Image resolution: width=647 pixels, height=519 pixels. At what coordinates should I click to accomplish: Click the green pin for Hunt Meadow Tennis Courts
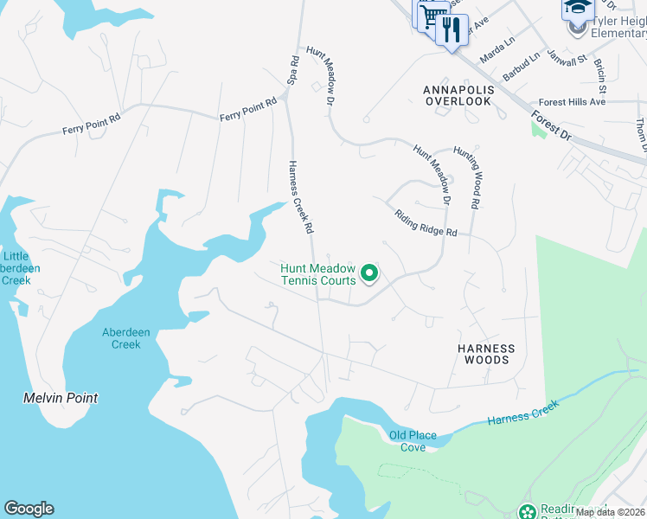369,273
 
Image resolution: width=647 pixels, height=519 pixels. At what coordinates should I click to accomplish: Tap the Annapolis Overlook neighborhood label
458,95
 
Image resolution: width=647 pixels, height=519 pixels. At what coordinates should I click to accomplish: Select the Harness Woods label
486,355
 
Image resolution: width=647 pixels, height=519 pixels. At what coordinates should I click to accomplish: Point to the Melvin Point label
60,398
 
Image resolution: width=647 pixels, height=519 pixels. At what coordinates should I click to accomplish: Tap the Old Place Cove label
413,441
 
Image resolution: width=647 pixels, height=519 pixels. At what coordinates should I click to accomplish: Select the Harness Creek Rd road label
300,199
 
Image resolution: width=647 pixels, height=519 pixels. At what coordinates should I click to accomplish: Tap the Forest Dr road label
552,123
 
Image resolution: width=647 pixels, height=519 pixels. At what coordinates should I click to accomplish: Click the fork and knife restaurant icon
450,31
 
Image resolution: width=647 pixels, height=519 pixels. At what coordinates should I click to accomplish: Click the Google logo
29,509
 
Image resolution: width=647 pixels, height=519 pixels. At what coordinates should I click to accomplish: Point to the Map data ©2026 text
610,512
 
